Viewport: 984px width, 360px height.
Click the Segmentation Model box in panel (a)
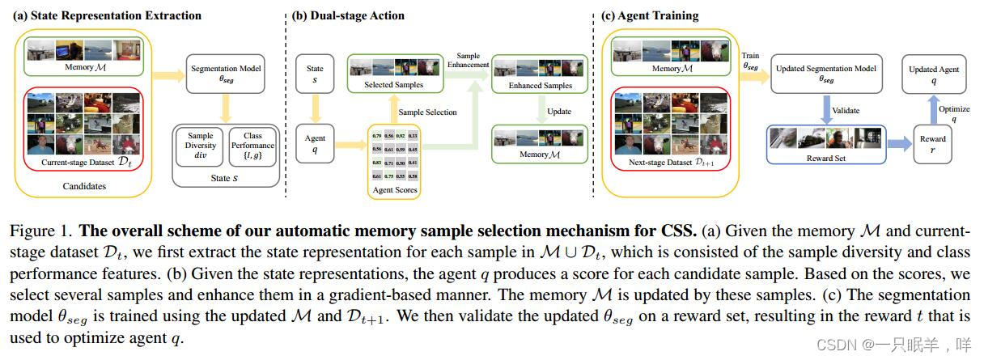(x=225, y=75)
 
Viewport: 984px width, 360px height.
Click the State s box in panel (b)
(x=315, y=74)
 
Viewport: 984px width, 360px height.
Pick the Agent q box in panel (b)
(x=314, y=145)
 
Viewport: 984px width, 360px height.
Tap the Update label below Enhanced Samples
(x=558, y=112)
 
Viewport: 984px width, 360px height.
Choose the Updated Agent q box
(x=933, y=74)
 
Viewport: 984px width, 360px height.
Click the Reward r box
(x=932, y=144)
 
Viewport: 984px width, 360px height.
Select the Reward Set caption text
(x=825, y=158)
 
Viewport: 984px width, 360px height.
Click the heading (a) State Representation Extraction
(x=108, y=15)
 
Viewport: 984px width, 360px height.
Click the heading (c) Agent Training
(x=650, y=15)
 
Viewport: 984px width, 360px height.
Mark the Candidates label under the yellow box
(x=85, y=186)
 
